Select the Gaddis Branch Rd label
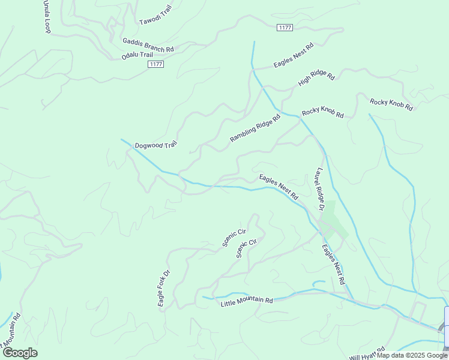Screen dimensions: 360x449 pos(148,45)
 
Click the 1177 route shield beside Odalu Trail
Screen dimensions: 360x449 pos(156,64)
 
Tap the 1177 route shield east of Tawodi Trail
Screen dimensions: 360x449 pos(285,28)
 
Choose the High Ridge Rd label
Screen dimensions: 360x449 pos(316,78)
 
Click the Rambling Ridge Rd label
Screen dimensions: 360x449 pos(255,128)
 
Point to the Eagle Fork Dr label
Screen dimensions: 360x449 pos(164,288)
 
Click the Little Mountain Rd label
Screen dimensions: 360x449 pos(247,301)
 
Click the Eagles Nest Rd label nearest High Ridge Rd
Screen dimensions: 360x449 pos(294,55)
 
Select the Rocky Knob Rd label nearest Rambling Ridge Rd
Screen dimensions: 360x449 pos(322,112)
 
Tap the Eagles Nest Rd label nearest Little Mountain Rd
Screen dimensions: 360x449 pos(333,264)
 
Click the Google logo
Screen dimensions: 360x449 pos(19,352)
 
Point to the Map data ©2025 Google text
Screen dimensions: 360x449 pos(412,355)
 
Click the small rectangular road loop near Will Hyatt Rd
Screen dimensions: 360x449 pos(418,311)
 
